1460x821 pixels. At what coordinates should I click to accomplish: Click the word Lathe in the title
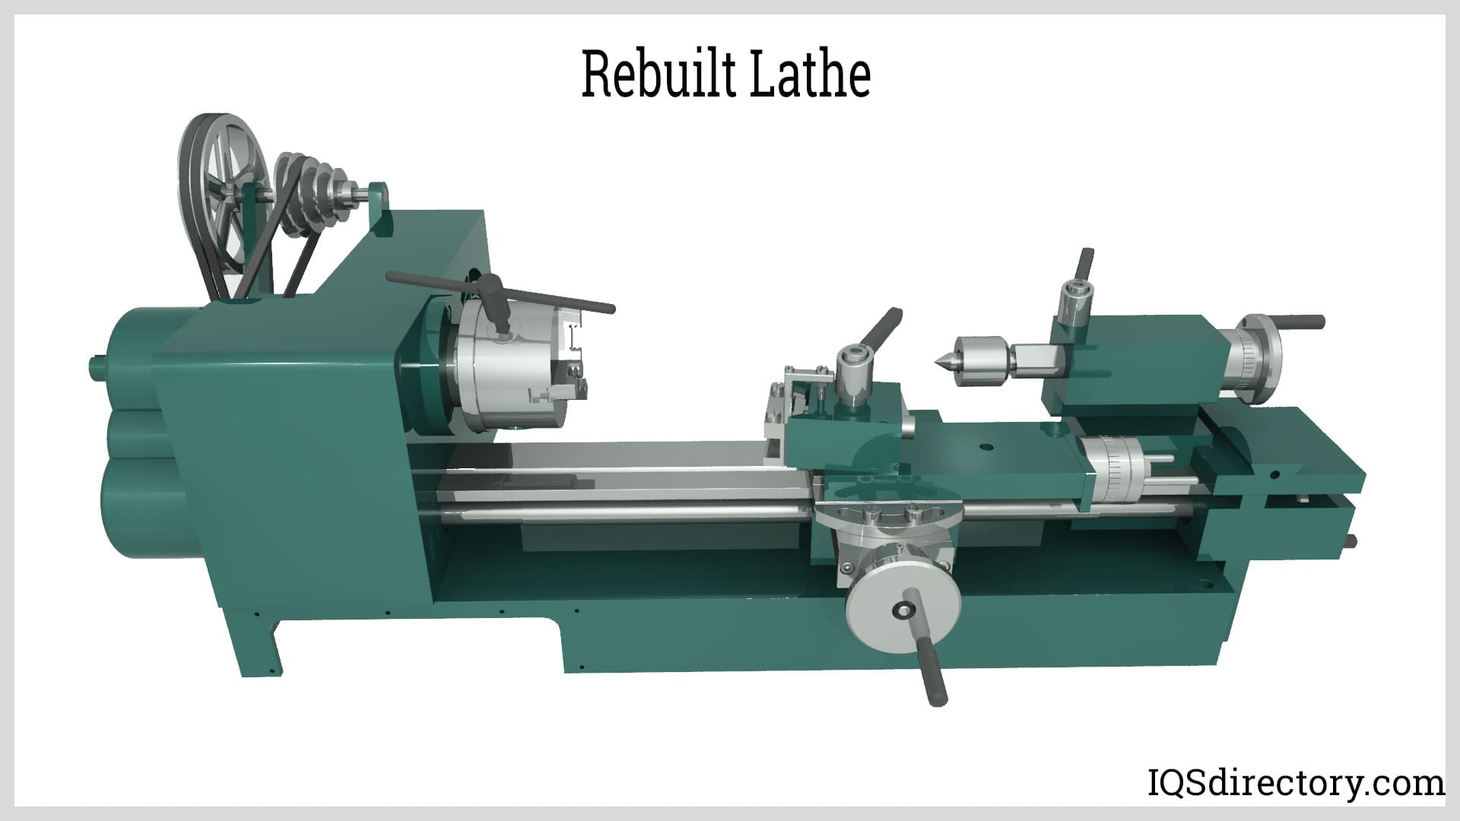click(x=810, y=74)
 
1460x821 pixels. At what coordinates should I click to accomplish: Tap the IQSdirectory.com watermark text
click(x=1296, y=782)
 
